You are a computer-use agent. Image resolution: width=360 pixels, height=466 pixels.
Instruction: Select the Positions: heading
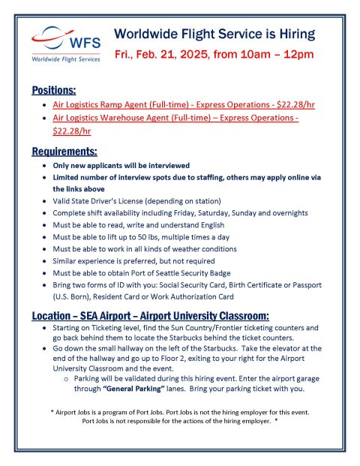(54, 90)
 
